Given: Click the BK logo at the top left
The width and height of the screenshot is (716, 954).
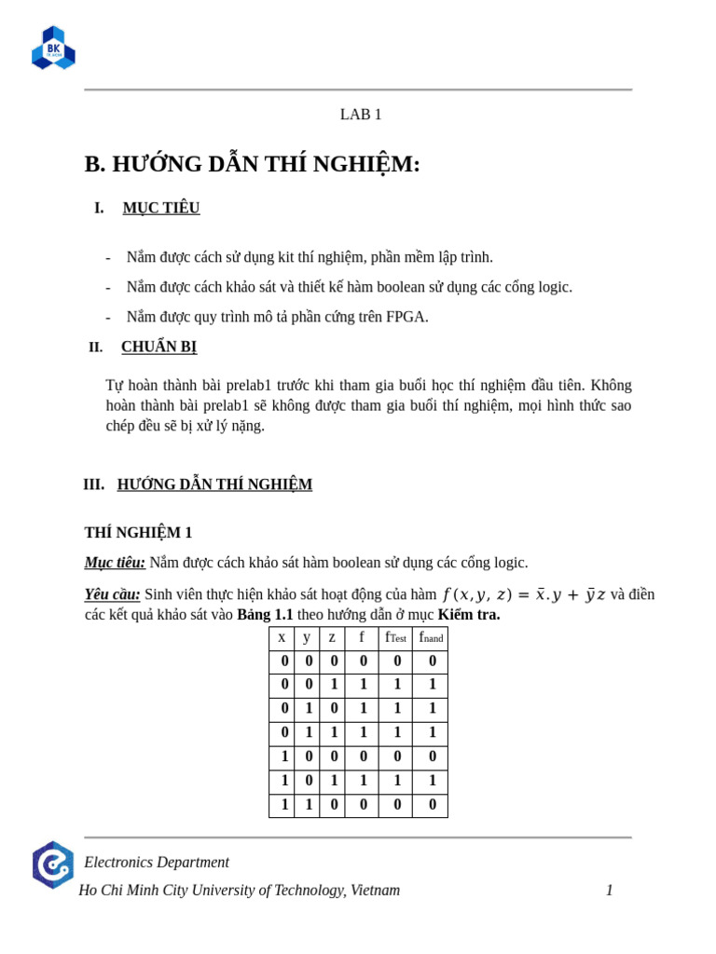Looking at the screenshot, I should pyautogui.click(x=53, y=48).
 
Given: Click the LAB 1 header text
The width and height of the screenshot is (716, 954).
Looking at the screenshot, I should pyautogui.click(x=361, y=115).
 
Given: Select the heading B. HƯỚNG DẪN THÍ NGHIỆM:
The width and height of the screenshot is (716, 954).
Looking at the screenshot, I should pyautogui.click(x=252, y=164).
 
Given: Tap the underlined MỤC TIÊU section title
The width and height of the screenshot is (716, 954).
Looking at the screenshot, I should pyautogui.click(x=161, y=208).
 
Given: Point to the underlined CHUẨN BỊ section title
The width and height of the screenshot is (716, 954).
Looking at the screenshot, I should pyautogui.click(x=158, y=347).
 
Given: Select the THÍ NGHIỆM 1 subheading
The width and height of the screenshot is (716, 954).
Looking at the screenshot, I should pyautogui.click(x=138, y=532).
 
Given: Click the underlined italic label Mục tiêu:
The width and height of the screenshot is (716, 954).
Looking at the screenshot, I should pyautogui.click(x=115, y=563).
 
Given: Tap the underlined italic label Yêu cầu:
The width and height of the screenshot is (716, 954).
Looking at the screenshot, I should pyautogui.click(x=112, y=594).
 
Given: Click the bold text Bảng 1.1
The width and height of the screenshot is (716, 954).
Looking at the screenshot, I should pyautogui.click(x=265, y=615).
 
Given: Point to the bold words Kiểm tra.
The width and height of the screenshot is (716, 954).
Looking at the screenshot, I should pyautogui.click(x=468, y=615).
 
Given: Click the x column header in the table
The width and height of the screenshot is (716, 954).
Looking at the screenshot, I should pyautogui.click(x=282, y=637).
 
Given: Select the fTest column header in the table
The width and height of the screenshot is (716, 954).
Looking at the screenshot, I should pyautogui.click(x=395, y=637).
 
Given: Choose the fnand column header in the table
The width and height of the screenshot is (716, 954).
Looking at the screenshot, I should pyautogui.click(x=431, y=637).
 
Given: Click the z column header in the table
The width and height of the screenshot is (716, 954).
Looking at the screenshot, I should pyautogui.click(x=332, y=637).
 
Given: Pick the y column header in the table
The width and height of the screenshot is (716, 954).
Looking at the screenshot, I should pyautogui.click(x=307, y=637).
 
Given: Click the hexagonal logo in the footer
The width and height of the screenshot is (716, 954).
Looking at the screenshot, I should pyautogui.click(x=52, y=865).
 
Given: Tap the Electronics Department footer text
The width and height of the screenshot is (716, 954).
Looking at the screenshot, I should pyautogui.click(x=157, y=863).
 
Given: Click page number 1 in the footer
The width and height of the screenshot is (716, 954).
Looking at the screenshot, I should pyautogui.click(x=610, y=891).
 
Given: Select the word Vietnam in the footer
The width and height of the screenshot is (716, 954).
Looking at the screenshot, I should pyautogui.click(x=374, y=891).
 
